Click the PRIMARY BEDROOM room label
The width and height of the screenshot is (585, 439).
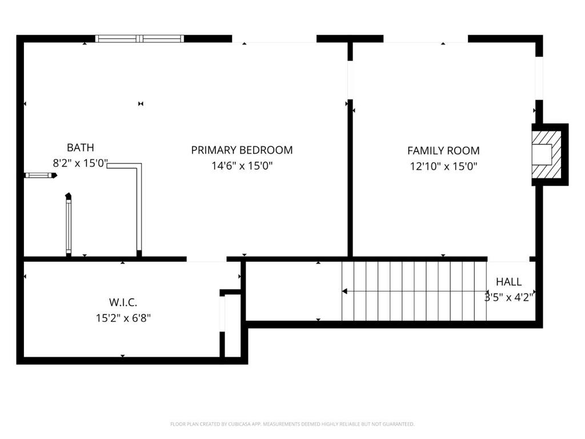coord(242,150)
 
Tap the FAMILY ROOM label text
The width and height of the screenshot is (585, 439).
coord(443,151)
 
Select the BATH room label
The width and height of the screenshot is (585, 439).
coord(80,147)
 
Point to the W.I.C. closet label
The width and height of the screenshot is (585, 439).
coord(123,302)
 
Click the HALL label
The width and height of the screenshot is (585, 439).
coord(508,282)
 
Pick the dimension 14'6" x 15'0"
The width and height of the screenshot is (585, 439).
coord(242,166)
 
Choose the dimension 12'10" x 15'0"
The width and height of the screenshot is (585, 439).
coord(443,167)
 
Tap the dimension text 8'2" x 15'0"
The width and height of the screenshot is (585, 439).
coord(80,163)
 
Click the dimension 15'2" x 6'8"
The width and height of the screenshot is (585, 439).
coord(123,317)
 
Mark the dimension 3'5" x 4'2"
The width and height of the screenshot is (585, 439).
coord(508,297)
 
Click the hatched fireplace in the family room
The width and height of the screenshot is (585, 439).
coord(546,154)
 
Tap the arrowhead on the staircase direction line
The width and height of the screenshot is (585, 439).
coord(344,291)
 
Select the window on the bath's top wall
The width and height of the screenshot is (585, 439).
coord(139,39)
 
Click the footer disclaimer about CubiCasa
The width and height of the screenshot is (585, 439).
coord(292,424)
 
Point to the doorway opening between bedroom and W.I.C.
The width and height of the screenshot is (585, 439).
coord(206,259)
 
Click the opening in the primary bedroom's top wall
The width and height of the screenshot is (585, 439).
coord(274,39)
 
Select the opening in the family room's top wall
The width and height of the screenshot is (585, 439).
coord(426,39)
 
